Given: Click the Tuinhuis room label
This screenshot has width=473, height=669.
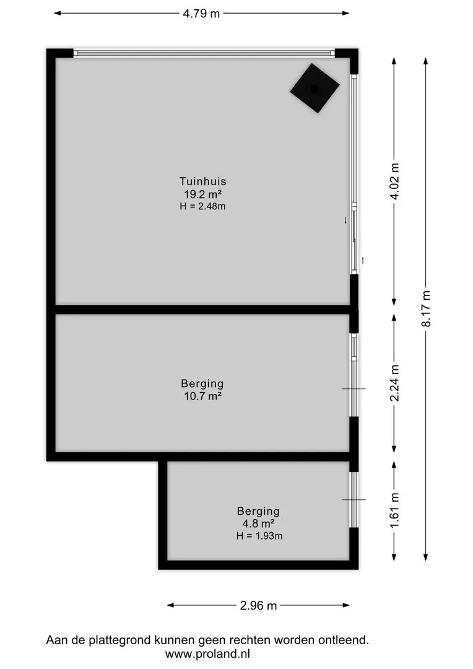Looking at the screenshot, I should (202, 181).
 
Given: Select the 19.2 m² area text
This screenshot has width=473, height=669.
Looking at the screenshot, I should (202, 194).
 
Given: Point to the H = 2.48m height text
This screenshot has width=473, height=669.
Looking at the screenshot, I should (202, 206).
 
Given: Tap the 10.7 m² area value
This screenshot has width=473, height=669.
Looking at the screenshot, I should (202, 396).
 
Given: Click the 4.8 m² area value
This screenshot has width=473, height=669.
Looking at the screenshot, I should (258, 523).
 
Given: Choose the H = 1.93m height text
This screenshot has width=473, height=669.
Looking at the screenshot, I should (259, 536).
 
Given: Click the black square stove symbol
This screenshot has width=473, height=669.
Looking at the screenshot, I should (315, 88).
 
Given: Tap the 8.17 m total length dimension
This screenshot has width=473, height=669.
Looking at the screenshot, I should (426, 308).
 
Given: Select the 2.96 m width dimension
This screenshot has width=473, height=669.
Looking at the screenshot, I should (258, 606).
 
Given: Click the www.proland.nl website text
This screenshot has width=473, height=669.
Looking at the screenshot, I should (207, 654).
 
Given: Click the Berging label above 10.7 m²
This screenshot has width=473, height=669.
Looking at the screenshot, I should (202, 383).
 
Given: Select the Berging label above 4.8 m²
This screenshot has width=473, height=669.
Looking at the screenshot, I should (258, 511).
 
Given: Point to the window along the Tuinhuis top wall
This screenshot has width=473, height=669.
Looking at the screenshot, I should (204, 53).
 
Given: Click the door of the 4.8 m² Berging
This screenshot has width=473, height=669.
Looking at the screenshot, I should (354, 499).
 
